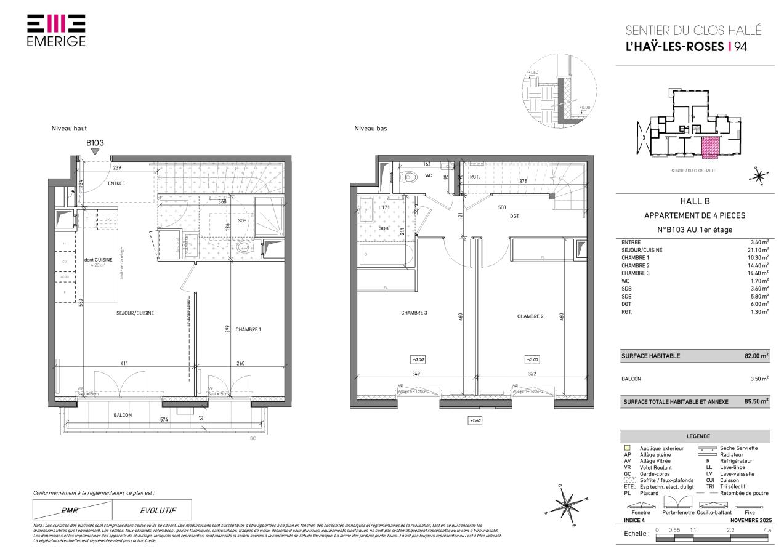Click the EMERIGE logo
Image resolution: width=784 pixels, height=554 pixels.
point(57,30)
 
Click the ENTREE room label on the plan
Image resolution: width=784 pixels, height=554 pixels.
point(116,183)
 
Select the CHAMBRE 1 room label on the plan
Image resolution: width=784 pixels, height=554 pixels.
point(248,329)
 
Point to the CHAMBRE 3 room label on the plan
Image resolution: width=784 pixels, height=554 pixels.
point(414,313)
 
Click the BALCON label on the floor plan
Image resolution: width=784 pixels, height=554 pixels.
point(122,415)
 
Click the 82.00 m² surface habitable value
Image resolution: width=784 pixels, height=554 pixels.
point(756,356)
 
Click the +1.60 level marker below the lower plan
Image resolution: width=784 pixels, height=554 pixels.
point(475,420)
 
